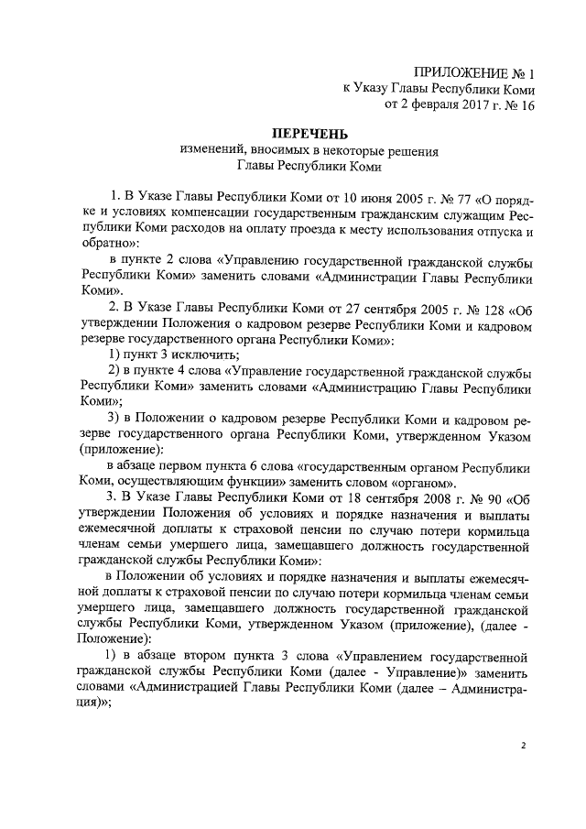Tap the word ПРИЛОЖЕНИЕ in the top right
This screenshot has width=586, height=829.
pos(461,71)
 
